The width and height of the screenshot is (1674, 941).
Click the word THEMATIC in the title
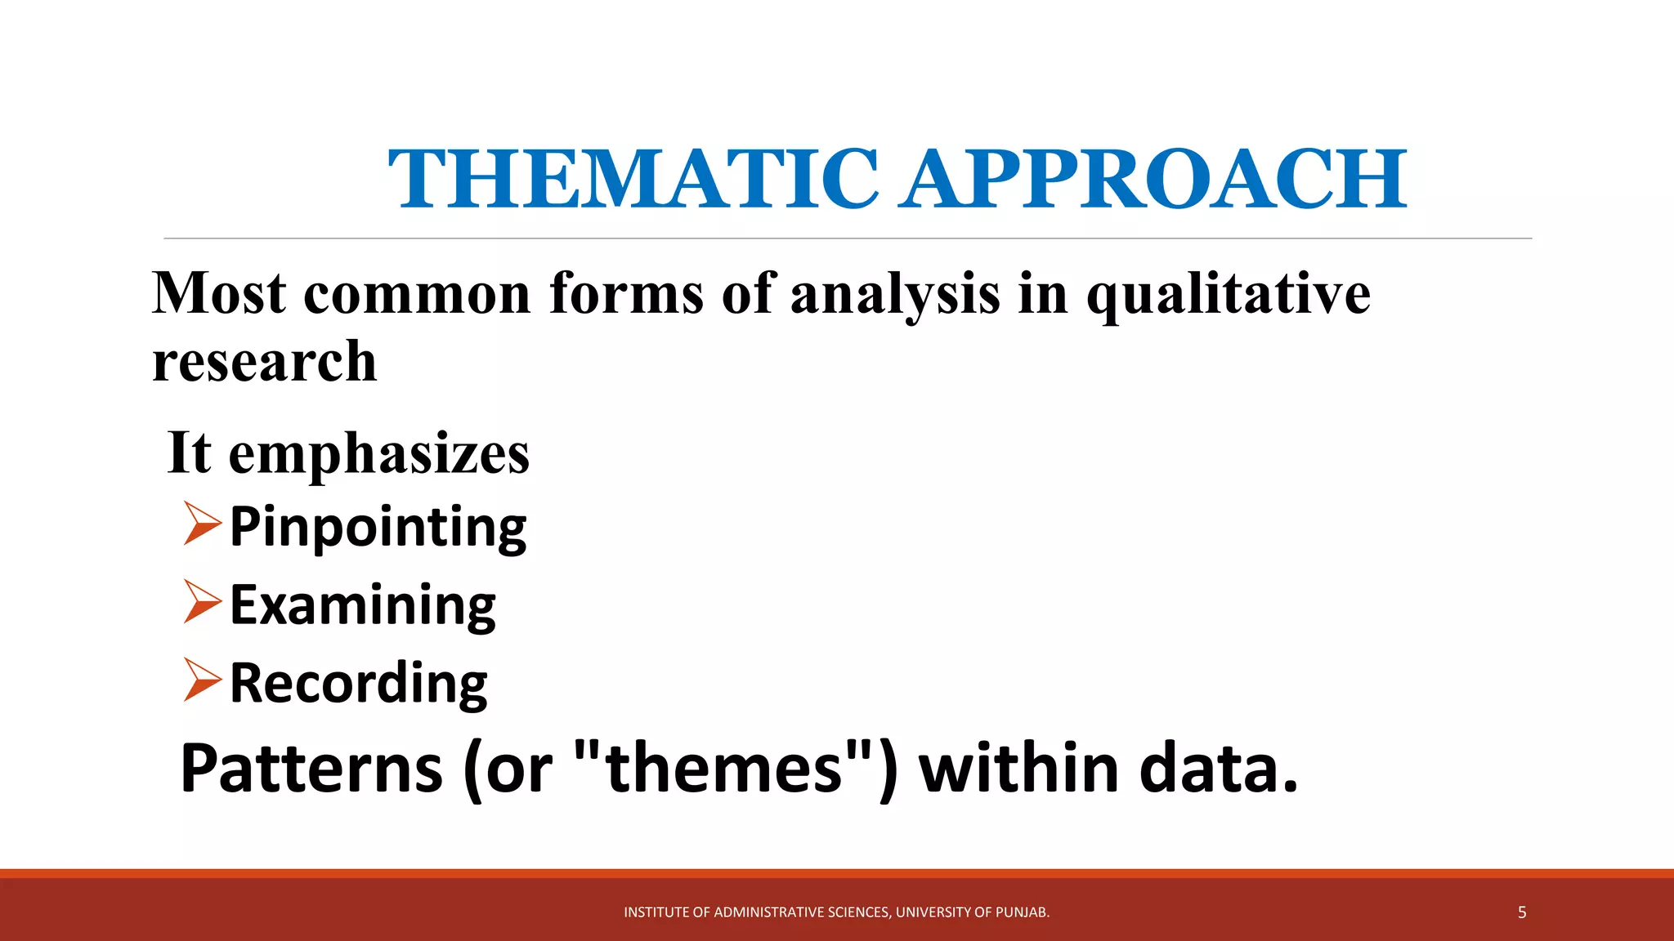point(633,179)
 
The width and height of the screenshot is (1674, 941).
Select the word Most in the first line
point(219,293)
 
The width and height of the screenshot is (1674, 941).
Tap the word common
point(417,293)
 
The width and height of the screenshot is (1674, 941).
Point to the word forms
point(626,293)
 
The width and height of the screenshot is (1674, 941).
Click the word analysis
point(894,293)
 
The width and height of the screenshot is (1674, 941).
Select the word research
point(264,361)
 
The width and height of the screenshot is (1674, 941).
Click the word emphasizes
point(378,454)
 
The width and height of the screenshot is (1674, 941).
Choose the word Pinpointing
point(378,527)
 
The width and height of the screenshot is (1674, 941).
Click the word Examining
point(362,605)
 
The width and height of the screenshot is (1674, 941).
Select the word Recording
point(358,683)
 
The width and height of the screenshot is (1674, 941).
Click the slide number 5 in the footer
point(1521,912)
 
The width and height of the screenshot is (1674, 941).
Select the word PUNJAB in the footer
point(1022,912)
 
